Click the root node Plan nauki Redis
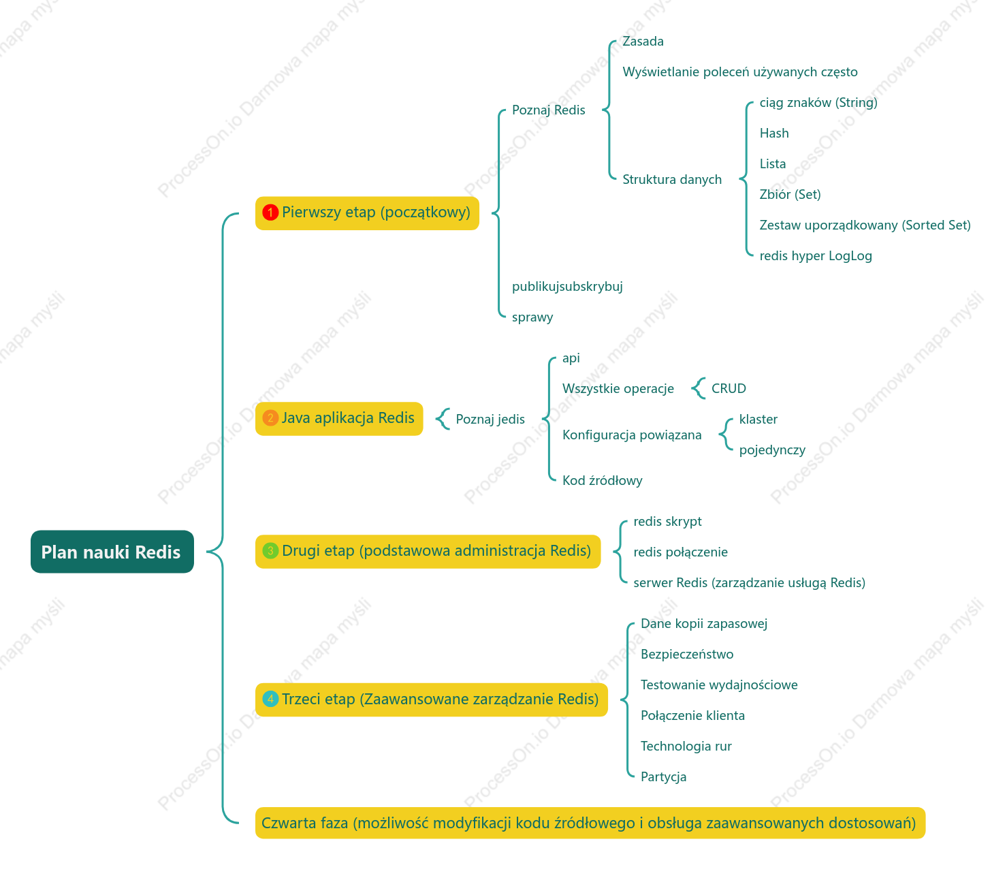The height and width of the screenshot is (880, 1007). pyautogui.click(x=112, y=551)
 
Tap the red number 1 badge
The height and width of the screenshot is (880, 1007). pyautogui.click(x=270, y=213)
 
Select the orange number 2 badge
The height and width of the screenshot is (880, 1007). pyautogui.click(x=270, y=418)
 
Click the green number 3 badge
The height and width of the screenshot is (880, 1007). pyautogui.click(x=270, y=550)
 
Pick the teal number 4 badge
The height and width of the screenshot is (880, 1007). pyautogui.click(x=270, y=699)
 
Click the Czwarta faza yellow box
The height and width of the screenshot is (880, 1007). pyautogui.click(x=590, y=822)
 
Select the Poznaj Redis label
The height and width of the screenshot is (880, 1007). pyautogui.click(x=548, y=110)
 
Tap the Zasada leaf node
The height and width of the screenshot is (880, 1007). pyautogui.click(x=643, y=42)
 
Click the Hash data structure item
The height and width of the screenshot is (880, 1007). pyautogui.click(x=773, y=133)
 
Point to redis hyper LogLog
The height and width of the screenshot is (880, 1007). pyautogui.click(x=816, y=256)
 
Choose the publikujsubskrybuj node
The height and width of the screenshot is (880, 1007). pyautogui.click(x=567, y=287)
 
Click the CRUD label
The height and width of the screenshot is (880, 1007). pyautogui.click(x=729, y=388)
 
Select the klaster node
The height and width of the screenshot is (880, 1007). pyautogui.click(x=758, y=420)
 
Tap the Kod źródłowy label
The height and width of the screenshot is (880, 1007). pyautogui.click(x=602, y=480)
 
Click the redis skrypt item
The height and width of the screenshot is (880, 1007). pyautogui.click(x=667, y=521)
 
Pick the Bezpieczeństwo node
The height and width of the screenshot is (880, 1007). pyautogui.click(x=686, y=654)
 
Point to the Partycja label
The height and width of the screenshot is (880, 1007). pyautogui.click(x=663, y=776)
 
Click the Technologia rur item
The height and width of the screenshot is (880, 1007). pyautogui.click(x=686, y=746)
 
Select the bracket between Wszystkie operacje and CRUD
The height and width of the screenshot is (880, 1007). pyautogui.click(x=697, y=388)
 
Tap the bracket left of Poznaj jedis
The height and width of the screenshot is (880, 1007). pyautogui.click(x=441, y=419)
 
